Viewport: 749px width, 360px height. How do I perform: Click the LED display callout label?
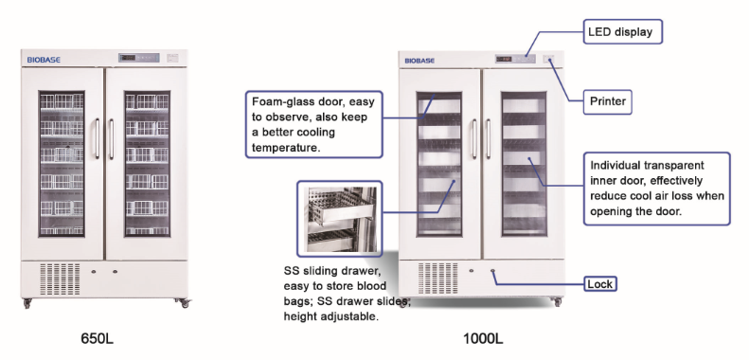pyautogui.click(x=622, y=32)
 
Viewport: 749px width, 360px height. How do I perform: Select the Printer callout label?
pyautogui.click(x=608, y=101)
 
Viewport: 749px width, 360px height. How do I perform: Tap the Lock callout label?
pyautogui.click(x=600, y=284)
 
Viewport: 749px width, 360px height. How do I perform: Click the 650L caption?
pyautogui.click(x=98, y=338)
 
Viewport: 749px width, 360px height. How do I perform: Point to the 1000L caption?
pyautogui.click(x=483, y=338)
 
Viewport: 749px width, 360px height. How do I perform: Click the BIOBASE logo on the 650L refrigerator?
pyautogui.click(x=44, y=60)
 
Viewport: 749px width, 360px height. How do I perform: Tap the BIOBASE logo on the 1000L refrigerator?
pyautogui.click(x=419, y=61)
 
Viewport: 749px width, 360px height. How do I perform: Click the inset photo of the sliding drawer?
pyautogui.click(x=340, y=219)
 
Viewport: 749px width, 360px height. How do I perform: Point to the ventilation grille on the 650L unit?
pyautogui.click(x=60, y=279)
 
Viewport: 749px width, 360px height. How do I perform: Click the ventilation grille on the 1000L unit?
pyautogui.click(x=437, y=279)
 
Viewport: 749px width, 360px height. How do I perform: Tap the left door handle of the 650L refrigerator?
pyautogui.click(x=98, y=138)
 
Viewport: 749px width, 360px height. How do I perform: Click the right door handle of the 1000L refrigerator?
pyautogui.click(x=489, y=138)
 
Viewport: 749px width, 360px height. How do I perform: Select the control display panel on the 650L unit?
pyautogui.click(x=138, y=58)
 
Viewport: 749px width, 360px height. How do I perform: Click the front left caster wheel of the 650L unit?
pyautogui.click(x=27, y=302)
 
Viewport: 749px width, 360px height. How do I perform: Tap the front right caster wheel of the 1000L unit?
pyautogui.click(x=557, y=301)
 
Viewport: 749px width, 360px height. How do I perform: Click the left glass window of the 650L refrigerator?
pyautogui.click(x=62, y=164)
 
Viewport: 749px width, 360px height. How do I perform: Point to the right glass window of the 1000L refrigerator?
pyautogui.click(x=524, y=164)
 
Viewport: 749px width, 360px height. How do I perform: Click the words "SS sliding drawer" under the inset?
pyautogui.click(x=332, y=271)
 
